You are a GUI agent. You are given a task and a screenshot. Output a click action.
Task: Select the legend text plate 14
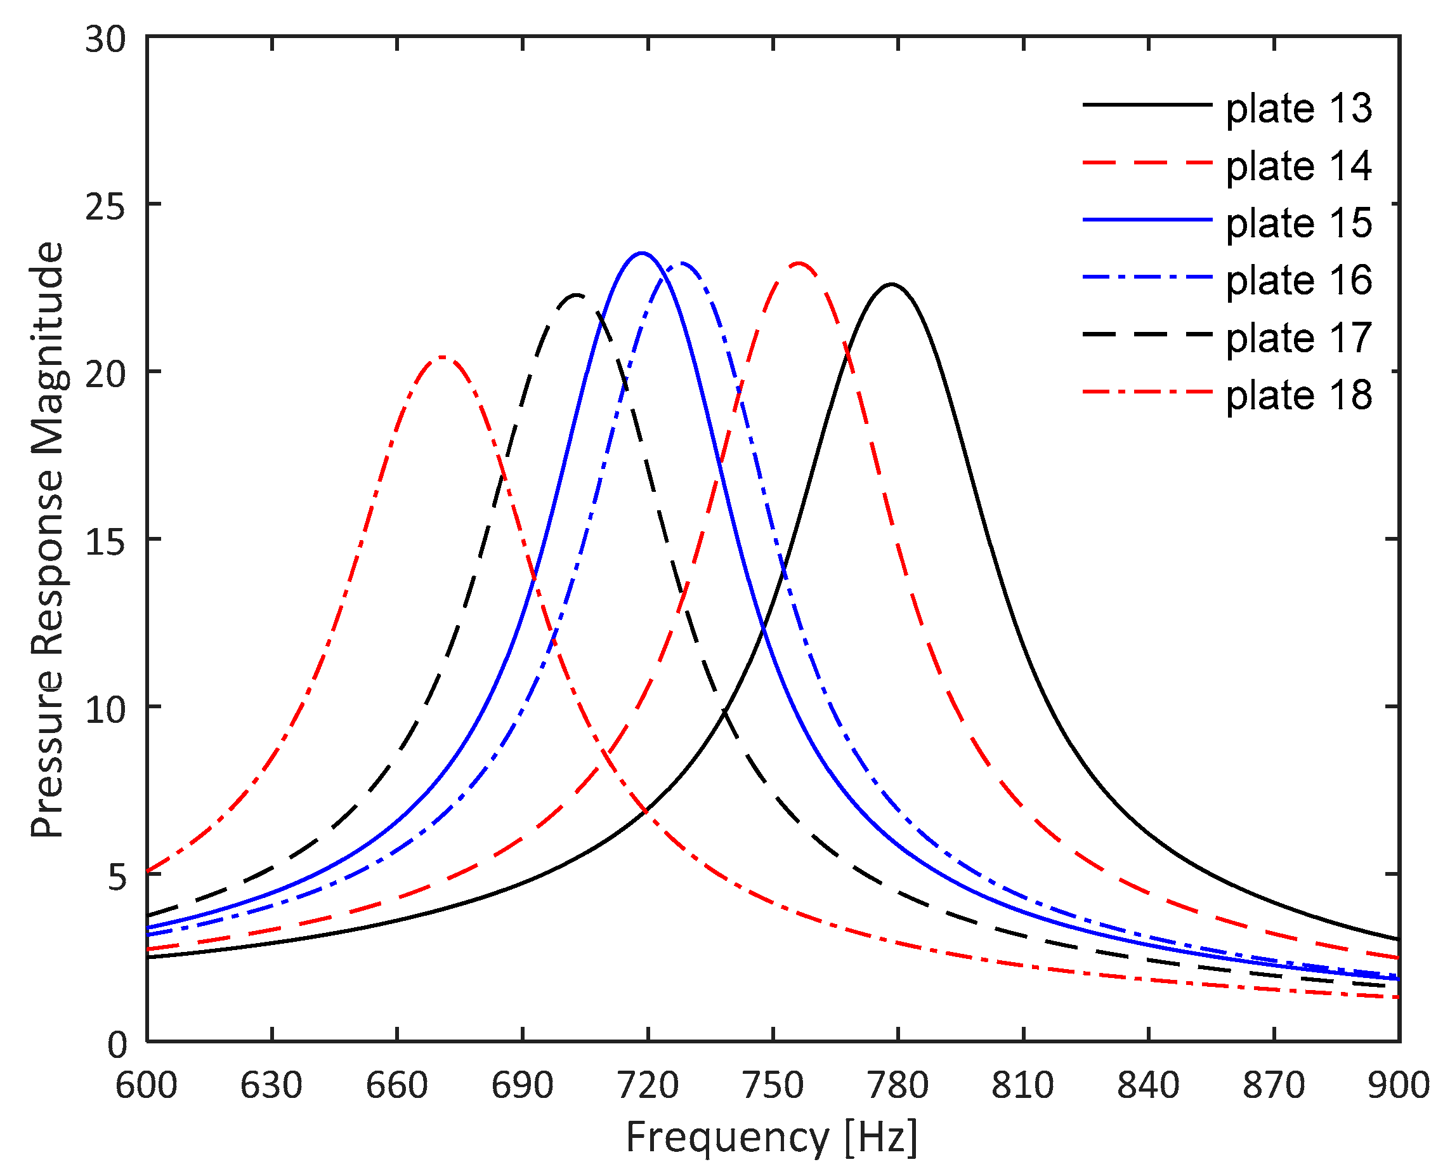coord(1298,166)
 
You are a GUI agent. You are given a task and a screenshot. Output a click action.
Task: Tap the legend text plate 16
coord(1298,281)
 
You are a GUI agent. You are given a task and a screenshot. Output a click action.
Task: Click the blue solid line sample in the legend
coord(1147,220)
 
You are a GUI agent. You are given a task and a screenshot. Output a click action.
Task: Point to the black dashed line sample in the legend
coord(1147,334)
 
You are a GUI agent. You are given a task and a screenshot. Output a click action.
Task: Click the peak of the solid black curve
coord(892,284)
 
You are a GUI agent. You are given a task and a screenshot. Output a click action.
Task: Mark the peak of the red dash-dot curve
coord(441,357)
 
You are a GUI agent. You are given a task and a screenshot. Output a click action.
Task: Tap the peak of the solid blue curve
coord(641,253)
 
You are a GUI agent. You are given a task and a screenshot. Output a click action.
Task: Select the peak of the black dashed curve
coord(577,295)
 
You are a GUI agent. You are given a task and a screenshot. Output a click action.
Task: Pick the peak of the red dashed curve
coord(799,263)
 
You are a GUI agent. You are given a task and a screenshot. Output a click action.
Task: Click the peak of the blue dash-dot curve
coord(682,263)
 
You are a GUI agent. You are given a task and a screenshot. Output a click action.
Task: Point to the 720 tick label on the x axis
coord(648,1085)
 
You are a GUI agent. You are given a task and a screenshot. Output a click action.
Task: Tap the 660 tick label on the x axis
coord(396,1085)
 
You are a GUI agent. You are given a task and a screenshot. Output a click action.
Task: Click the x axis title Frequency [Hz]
coord(772,1137)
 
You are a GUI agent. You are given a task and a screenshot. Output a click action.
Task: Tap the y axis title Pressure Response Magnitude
coord(48,539)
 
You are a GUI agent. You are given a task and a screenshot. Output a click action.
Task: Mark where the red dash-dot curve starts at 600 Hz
coord(148,871)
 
